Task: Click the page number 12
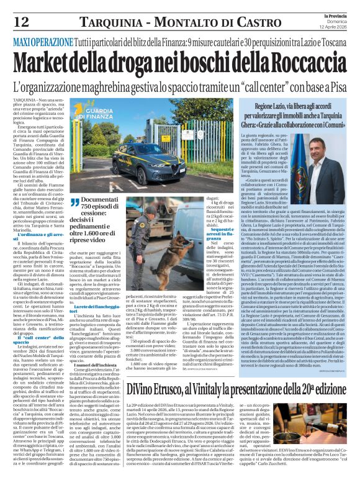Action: point(20,22)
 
